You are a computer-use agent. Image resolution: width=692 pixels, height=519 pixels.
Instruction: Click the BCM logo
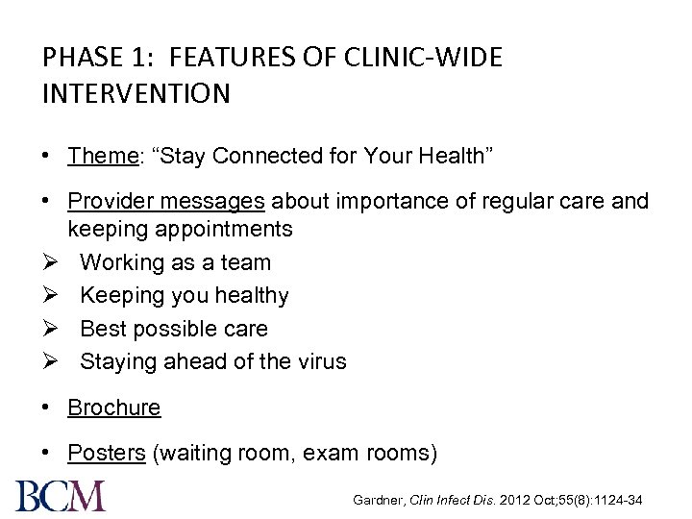coord(60,495)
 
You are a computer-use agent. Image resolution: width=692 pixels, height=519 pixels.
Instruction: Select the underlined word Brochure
coord(113,408)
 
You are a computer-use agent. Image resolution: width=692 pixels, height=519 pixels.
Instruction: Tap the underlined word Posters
coord(106,454)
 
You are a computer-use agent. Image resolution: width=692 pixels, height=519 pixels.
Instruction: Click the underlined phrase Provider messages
coord(166,202)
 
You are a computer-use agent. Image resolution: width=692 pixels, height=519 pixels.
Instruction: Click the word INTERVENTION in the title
coord(136,94)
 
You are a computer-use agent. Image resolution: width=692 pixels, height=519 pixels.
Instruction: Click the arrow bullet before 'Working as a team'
coord(52,262)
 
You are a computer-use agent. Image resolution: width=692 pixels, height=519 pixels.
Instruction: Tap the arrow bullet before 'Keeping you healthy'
coord(52,296)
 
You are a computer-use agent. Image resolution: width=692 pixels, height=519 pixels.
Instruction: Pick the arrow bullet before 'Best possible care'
coord(52,329)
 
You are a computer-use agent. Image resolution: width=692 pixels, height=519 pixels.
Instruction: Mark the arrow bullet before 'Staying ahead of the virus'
coord(52,362)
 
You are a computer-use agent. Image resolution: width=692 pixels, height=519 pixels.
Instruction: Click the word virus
coord(322,362)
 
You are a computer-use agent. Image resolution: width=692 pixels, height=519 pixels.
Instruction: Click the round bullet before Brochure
coord(47,408)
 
